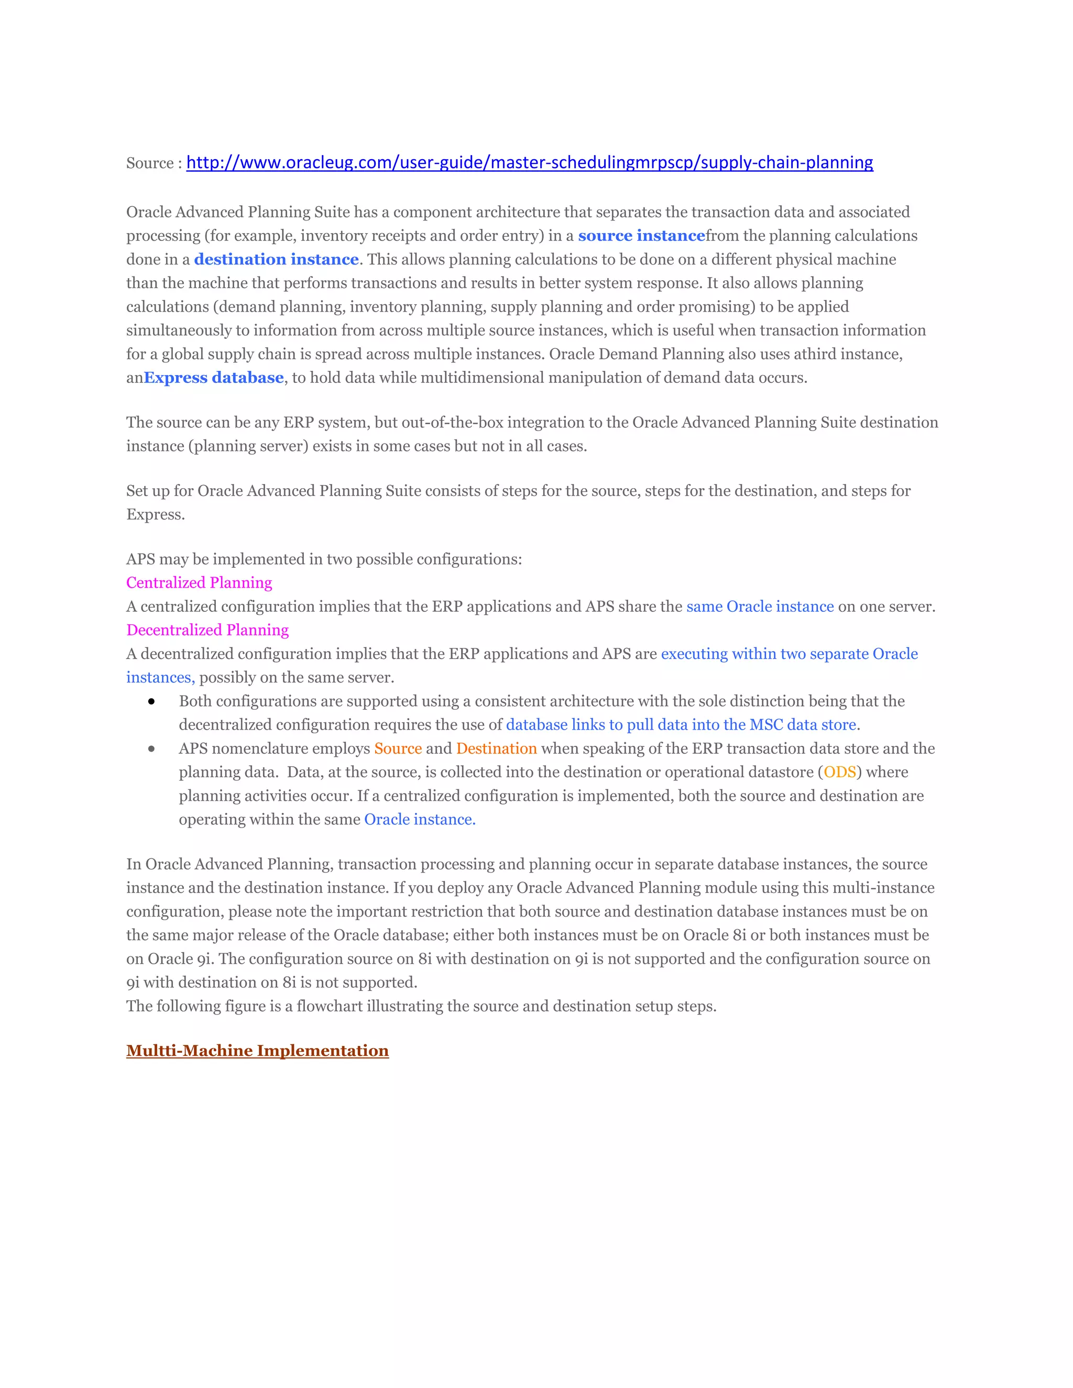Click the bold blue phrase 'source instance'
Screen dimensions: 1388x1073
(x=641, y=236)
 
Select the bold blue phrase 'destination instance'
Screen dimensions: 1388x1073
(x=276, y=259)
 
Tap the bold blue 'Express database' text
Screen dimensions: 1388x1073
(x=214, y=378)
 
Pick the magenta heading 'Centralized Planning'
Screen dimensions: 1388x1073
(x=199, y=583)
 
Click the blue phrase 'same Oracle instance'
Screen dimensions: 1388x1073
(x=760, y=607)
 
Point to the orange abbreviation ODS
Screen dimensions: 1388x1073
(x=840, y=772)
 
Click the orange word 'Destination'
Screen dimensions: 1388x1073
(x=497, y=748)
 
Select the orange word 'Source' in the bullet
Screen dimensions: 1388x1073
(x=398, y=748)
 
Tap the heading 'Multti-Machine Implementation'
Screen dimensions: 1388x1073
(x=257, y=1051)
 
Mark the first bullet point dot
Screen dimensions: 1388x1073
(x=151, y=702)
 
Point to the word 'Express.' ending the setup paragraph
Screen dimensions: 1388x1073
(x=156, y=515)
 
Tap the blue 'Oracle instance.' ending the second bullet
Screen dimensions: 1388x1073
(x=420, y=820)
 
